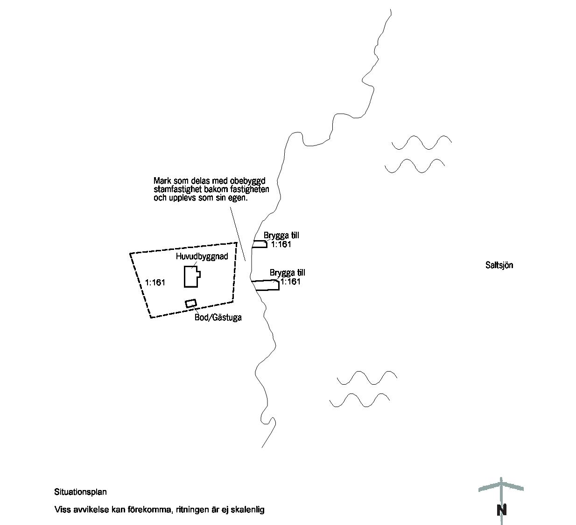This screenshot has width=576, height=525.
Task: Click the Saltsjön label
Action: pyautogui.click(x=499, y=265)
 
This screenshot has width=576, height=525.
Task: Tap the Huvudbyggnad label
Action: pyautogui.click(x=202, y=256)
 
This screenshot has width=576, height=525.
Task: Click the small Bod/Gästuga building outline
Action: pyautogui.click(x=191, y=304)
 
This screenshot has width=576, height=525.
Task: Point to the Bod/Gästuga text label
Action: pyautogui.click(x=218, y=318)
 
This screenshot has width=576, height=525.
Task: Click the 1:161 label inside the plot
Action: pyautogui.click(x=155, y=283)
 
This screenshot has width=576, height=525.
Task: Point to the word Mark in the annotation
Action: pyautogui.click(x=162, y=181)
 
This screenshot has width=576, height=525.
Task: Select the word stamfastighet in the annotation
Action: pyautogui.click(x=179, y=189)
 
